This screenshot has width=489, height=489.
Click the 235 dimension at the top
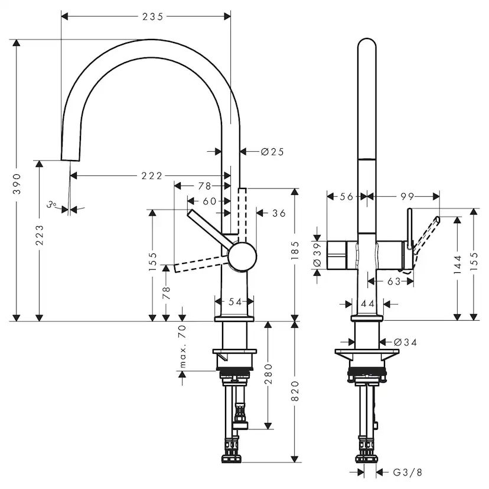[x=152, y=17]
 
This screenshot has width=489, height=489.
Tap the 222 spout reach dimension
[x=152, y=175]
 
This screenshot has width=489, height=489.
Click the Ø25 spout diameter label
[x=272, y=152]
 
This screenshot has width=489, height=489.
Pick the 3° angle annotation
[x=53, y=205]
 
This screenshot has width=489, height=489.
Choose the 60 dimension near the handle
[x=209, y=201]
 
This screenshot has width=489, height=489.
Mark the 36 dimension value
[x=279, y=213]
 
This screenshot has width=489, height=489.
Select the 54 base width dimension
[x=235, y=302]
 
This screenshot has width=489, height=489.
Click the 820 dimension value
[x=295, y=392]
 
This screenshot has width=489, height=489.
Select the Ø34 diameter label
[x=405, y=341]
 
